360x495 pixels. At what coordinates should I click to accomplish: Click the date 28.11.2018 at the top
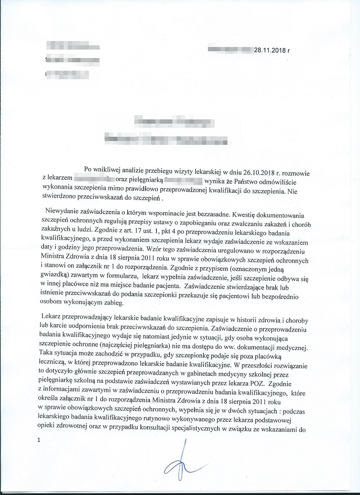pos(269,50)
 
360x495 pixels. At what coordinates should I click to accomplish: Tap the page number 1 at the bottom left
pos(38,440)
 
